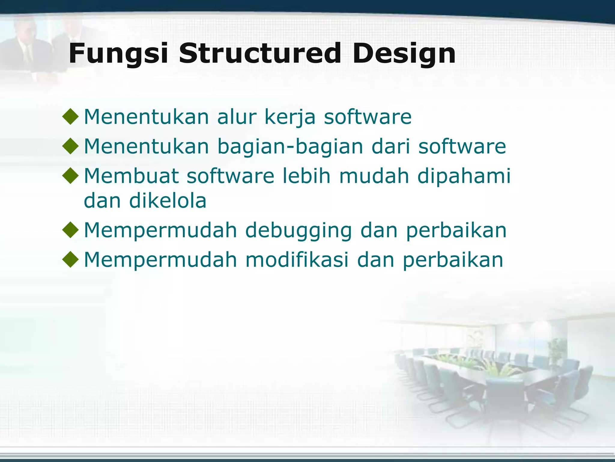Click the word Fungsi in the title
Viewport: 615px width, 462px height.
click(x=118, y=54)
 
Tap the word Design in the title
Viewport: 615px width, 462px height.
click(x=404, y=54)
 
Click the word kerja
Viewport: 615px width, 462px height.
click(x=289, y=117)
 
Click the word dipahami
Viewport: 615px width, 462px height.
click(x=464, y=177)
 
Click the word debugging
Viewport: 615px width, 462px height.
click(x=298, y=231)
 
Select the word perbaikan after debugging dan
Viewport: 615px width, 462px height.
click(x=456, y=231)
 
